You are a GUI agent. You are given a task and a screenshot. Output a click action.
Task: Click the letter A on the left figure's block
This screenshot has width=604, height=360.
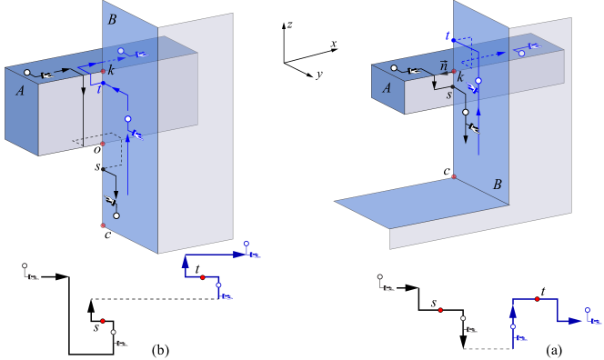pos(20,90)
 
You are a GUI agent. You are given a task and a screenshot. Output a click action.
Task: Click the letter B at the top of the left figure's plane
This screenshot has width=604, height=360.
pos(112,19)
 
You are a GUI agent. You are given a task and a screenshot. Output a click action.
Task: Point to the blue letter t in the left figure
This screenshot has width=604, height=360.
pos(98,89)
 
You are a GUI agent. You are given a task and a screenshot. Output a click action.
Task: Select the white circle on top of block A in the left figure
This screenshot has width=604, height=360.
pos(27,73)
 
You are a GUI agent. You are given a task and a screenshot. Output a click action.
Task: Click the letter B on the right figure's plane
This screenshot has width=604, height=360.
pos(497,185)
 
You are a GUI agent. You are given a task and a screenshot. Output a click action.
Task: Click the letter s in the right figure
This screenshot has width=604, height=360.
pos(448,94)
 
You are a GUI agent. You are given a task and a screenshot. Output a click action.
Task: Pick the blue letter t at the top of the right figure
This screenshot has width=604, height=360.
pos(448,35)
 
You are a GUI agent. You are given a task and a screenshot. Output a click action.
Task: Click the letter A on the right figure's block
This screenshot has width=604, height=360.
pos(387,87)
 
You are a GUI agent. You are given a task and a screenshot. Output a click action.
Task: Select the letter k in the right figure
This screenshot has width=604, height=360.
pos(460,77)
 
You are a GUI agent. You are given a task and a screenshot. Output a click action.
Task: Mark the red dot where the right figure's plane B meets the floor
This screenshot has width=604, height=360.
pos(454,176)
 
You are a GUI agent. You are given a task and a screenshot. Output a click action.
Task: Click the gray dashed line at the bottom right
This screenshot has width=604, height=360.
pos(486,349)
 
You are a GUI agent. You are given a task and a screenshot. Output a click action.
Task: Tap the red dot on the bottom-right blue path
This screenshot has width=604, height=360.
pos(537,298)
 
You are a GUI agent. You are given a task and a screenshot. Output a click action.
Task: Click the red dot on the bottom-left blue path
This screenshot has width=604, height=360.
pos(202,276)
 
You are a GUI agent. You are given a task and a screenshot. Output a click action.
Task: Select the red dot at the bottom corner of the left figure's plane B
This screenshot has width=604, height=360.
pos(103,225)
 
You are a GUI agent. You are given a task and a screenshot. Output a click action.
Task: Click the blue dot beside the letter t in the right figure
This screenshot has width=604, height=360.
pos(452,41)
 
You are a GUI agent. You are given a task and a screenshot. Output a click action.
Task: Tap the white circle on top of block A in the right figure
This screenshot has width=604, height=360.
pos(393,68)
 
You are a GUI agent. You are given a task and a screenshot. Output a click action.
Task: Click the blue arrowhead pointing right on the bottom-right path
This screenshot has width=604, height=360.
pos(575,320)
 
